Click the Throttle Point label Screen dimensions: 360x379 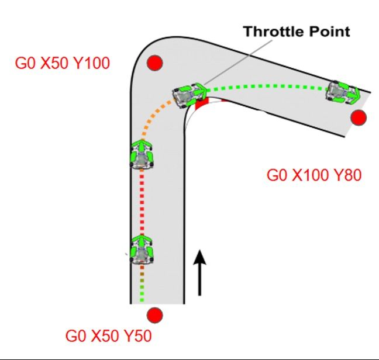coord(297,31)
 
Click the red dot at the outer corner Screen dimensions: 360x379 coord(154,63)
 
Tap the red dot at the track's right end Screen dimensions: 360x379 coord(359,117)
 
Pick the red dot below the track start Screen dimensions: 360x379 coord(154,316)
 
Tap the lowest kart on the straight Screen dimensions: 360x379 coord(142,250)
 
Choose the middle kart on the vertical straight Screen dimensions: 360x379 coord(142,155)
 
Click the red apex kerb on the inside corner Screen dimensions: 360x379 coord(202,105)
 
